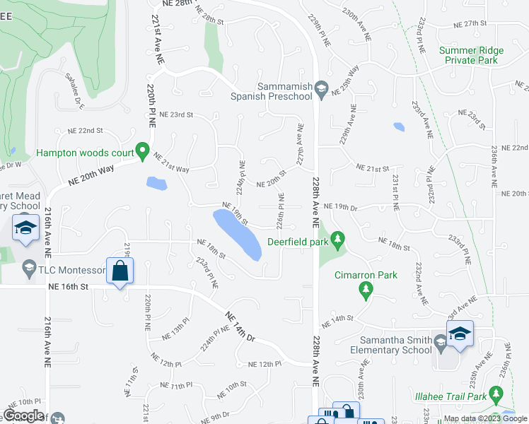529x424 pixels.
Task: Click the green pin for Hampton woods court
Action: point(142,151)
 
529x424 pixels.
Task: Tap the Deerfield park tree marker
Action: point(337,240)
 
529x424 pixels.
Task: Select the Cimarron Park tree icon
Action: point(366,288)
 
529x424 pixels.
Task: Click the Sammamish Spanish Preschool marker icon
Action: point(321,88)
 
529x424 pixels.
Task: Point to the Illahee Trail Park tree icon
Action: point(496,394)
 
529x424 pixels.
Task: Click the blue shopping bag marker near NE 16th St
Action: point(120,271)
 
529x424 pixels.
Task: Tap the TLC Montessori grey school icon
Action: point(29,266)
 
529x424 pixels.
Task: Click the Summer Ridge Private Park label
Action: point(471,55)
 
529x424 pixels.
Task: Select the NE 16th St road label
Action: point(69,287)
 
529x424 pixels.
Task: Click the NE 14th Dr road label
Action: point(240,326)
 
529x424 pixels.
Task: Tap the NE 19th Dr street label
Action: point(342,206)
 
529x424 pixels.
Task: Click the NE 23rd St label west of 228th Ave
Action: point(176,114)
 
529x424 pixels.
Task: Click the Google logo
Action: point(24,416)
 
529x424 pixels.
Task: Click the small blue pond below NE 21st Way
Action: point(156,184)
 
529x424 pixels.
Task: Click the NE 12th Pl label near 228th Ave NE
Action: point(264,364)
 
